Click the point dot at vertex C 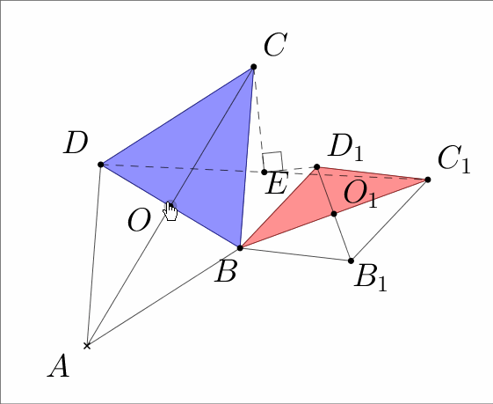[x=254, y=67]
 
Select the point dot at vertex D [x=100, y=165]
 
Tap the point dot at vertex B [x=240, y=248]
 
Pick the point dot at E [x=265, y=172]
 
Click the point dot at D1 [x=317, y=167]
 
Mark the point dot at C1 [x=428, y=180]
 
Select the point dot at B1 [x=352, y=261]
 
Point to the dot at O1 [x=334, y=214]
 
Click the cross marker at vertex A [x=87, y=346]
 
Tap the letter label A [x=59, y=365]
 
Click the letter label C [x=275, y=45]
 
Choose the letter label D [x=76, y=143]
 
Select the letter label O [x=139, y=220]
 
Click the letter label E [x=276, y=184]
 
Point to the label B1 [x=370, y=278]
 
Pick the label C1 [x=453, y=160]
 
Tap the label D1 [x=345, y=147]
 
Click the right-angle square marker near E [x=272, y=162]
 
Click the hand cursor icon [x=170, y=211]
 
